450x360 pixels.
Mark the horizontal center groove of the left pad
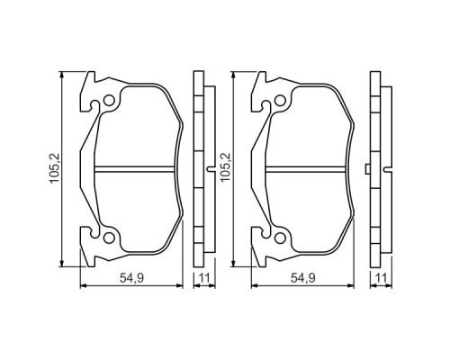pos(135,169)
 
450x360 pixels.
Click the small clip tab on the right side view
pos(369,170)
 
